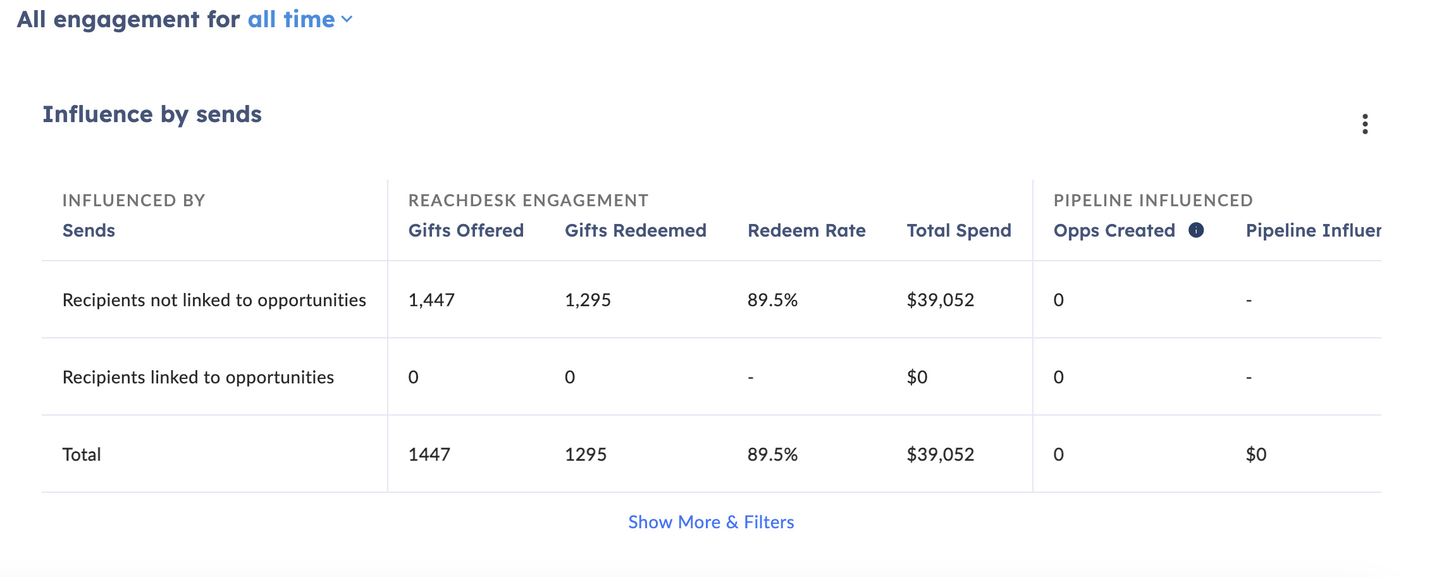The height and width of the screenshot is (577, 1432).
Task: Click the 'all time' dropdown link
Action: [x=300, y=20]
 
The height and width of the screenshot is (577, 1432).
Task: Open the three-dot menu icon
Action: [x=1365, y=124]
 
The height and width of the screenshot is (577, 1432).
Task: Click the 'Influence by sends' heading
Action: [x=152, y=115]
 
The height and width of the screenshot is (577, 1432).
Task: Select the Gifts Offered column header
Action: [x=466, y=230]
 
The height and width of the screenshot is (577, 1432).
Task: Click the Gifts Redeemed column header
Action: [x=635, y=230]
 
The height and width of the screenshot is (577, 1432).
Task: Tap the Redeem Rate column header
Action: [x=806, y=230]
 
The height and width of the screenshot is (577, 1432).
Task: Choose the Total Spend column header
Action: [x=959, y=230]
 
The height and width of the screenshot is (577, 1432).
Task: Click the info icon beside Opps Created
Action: [x=1196, y=230]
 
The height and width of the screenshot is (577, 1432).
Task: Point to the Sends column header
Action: [x=89, y=230]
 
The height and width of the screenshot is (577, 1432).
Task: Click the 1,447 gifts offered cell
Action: [x=431, y=300]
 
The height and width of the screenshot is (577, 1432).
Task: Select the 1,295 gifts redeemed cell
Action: [x=588, y=300]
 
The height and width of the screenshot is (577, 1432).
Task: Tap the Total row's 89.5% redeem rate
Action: [x=772, y=454]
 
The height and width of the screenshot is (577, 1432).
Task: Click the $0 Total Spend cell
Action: [x=917, y=377]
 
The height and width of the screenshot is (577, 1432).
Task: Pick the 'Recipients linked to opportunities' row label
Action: [x=198, y=377]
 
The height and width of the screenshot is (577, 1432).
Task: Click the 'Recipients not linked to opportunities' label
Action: [x=214, y=300]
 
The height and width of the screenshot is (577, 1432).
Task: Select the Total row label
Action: [x=82, y=454]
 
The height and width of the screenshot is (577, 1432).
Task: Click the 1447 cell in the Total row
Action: [x=429, y=454]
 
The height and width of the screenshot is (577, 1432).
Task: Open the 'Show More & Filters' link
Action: [x=711, y=522]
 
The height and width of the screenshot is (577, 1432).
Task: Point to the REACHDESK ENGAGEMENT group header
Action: [x=528, y=201]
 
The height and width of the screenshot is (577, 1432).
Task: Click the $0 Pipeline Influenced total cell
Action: [x=1256, y=454]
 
